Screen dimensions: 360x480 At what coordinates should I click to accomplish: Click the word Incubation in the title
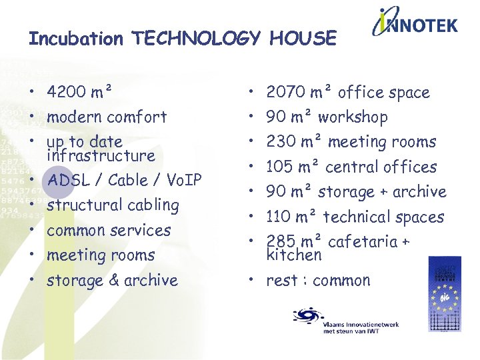coord(75,39)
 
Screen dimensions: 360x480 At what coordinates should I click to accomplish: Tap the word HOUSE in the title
coord(303,39)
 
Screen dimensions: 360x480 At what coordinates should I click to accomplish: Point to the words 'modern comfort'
coord(107,117)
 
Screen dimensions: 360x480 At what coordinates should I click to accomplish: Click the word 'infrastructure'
coord(101,156)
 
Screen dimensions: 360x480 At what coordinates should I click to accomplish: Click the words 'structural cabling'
coord(113,205)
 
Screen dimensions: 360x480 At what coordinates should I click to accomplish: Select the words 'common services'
coord(109,231)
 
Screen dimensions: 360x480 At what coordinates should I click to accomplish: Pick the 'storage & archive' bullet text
coord(112,281)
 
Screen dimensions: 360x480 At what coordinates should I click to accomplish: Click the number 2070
coord(285,93)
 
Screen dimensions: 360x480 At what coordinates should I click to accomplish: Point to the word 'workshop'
coord(353,117)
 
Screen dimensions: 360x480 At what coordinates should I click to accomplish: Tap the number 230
coord(280,142)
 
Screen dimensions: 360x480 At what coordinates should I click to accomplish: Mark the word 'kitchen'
coord(293,255)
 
